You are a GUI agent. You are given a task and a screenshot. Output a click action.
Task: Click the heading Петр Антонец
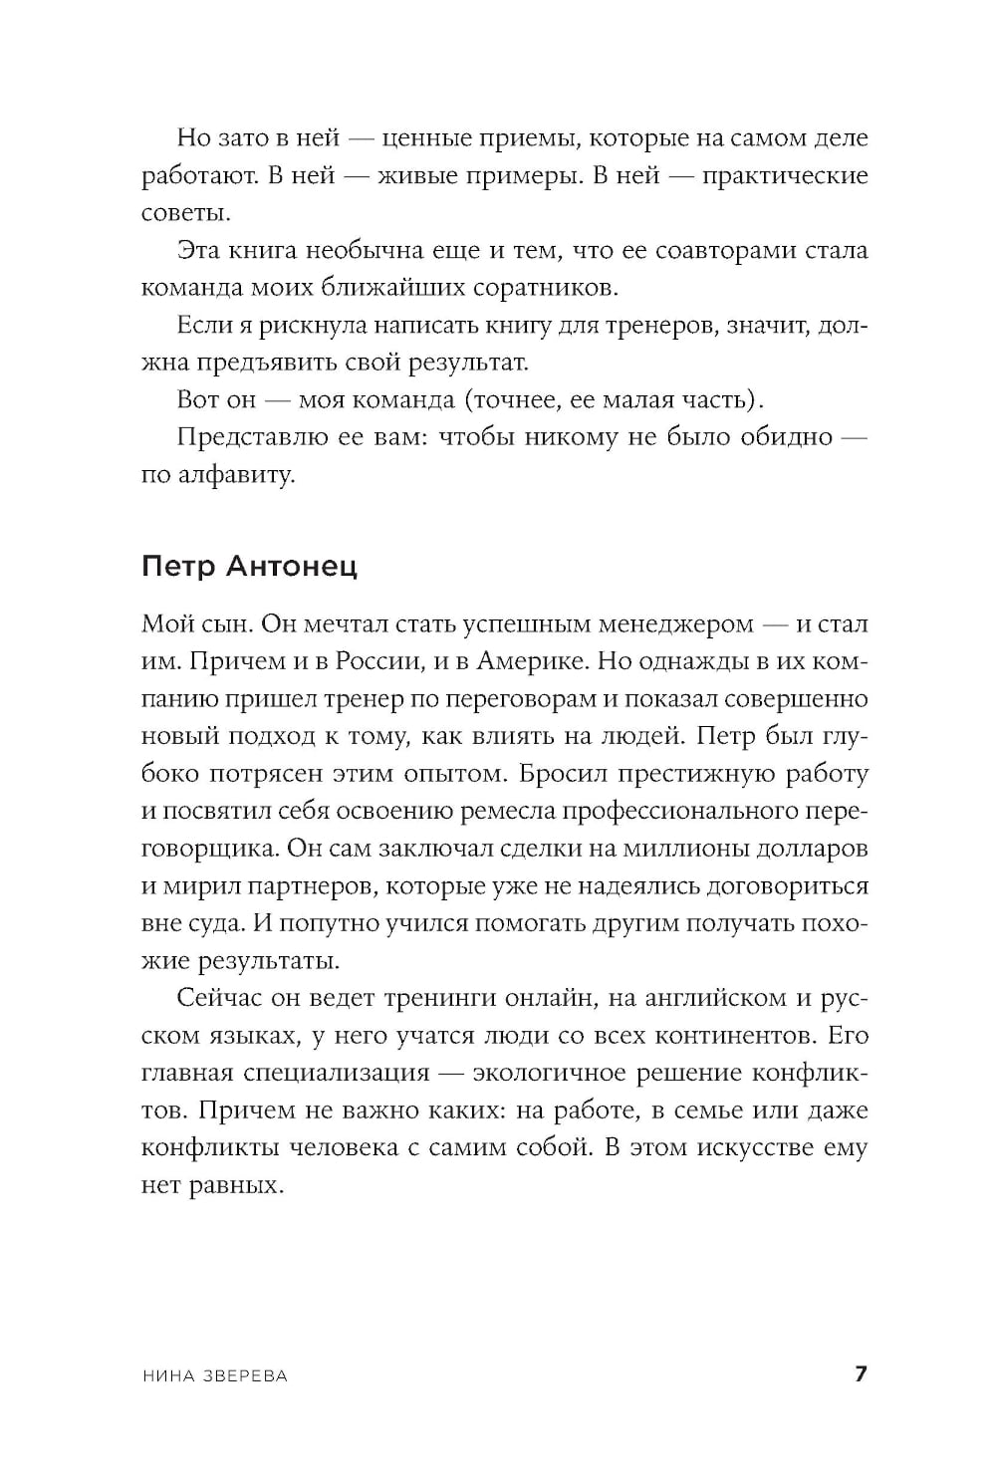point(249,566)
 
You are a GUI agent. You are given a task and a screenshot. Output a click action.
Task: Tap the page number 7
point(862,1374)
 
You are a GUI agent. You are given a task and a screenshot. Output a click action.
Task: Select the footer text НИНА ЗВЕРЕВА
point(215,1375)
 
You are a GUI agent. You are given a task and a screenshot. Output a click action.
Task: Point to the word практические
point(785,176)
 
